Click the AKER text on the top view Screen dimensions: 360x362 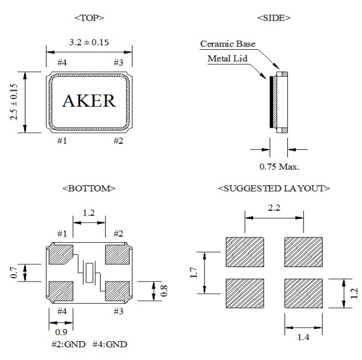click(89, 101)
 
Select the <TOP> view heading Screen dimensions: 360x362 click(89, 18)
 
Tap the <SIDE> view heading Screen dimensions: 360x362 click(274, 18)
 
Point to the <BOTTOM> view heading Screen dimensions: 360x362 click(89, 189)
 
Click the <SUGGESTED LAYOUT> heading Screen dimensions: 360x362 click(274, 189)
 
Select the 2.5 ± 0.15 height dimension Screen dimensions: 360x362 click(14, 102)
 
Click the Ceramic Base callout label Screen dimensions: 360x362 click(228, 44)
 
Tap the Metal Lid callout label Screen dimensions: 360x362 click(227, 58)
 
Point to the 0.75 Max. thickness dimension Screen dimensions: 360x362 click(279, 165)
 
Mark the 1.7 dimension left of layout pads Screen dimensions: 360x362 click(193, 273)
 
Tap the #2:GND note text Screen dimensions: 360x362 click(69, 345)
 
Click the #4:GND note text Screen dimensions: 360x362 click(109, 345)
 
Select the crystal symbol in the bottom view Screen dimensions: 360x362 click(90, 273)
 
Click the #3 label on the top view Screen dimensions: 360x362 click(118, 62)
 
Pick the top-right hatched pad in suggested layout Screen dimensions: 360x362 click(303, 252)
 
